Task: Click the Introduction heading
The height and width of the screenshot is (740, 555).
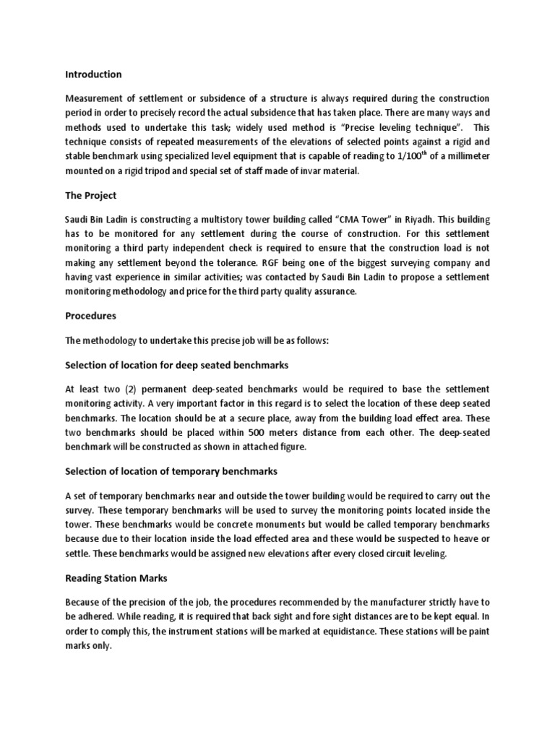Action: coord(93,74)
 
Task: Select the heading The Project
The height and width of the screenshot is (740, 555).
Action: coord(90,196)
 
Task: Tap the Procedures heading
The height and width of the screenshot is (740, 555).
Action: coord(90,316)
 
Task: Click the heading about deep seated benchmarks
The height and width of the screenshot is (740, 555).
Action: coord(176,364)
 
